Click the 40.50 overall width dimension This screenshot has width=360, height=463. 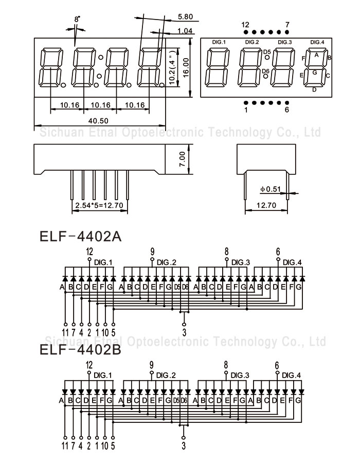[x=98, y=121]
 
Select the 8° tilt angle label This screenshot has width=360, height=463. [x=77, y=19]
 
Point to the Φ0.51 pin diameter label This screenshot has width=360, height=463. [x=271, y=189]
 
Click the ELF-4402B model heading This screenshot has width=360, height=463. [x=80, y=350]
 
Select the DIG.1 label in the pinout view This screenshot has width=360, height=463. [x=219, y=42]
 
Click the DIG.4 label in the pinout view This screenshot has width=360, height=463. [x=317, y=42]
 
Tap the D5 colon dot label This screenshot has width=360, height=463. [x=266, y=52]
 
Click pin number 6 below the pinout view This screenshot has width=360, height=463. [x=287, y=110]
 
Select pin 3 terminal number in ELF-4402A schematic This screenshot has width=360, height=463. [x=184, y=331]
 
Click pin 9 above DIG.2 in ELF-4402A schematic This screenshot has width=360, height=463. [x=152, y=251]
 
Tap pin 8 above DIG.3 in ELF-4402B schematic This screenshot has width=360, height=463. [x=226, y=365]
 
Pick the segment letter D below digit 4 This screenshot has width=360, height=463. [x=315, y=90]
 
